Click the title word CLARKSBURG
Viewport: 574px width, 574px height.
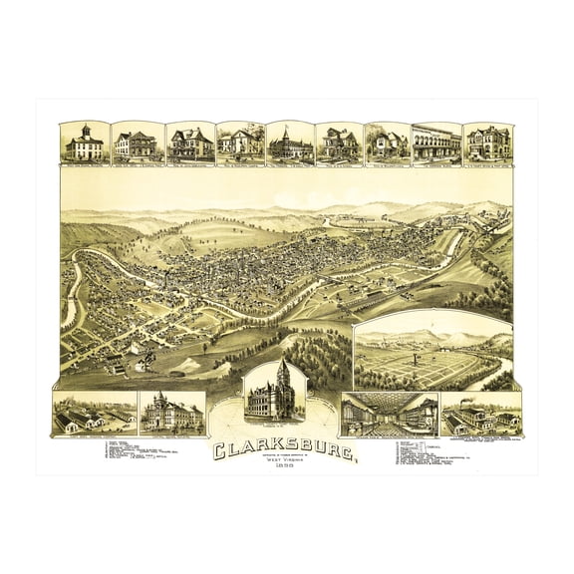[x=285, y=450]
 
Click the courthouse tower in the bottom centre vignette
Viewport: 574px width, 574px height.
[x=284, y=376]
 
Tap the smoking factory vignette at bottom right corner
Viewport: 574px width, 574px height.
[x=480, y=415]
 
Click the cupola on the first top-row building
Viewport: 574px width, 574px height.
[x=84, y=131]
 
